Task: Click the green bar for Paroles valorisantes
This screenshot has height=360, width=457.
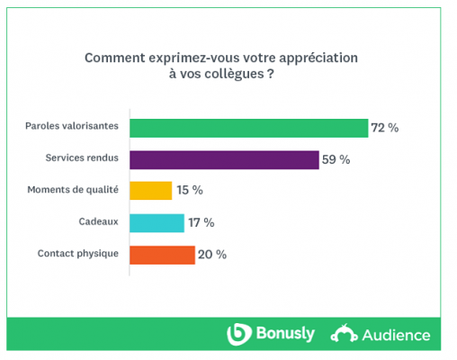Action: [249, 128]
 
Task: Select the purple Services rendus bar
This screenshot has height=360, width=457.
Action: [224, 159]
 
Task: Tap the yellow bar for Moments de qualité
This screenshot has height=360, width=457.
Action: [150, 191]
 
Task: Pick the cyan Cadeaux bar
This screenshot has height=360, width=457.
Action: [154, 222]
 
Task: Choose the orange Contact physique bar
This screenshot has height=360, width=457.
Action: [162, 255]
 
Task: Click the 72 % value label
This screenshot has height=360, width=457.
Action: [385, 128]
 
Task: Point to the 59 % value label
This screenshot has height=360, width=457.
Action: [336, 159]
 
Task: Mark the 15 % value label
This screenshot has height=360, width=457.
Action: [190, 191]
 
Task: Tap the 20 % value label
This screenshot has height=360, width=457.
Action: [212, 255]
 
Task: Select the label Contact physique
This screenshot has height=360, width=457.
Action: [77, 254]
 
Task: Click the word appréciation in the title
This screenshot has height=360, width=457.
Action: [311, 58]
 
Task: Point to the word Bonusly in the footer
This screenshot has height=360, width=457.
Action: [283, 334]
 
